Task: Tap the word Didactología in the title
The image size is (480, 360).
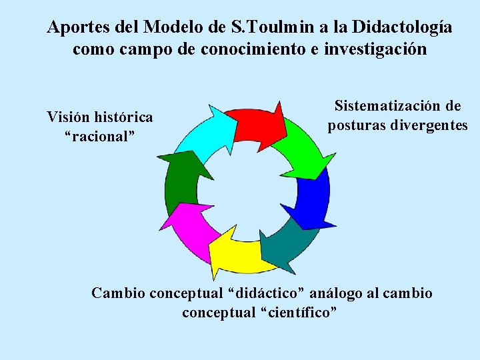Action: tap(402, 27)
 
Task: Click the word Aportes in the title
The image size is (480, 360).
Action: tap(75, 27)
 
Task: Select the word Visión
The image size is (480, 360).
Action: tap(69, 117)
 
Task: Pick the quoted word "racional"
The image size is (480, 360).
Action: tap(100, 136)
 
